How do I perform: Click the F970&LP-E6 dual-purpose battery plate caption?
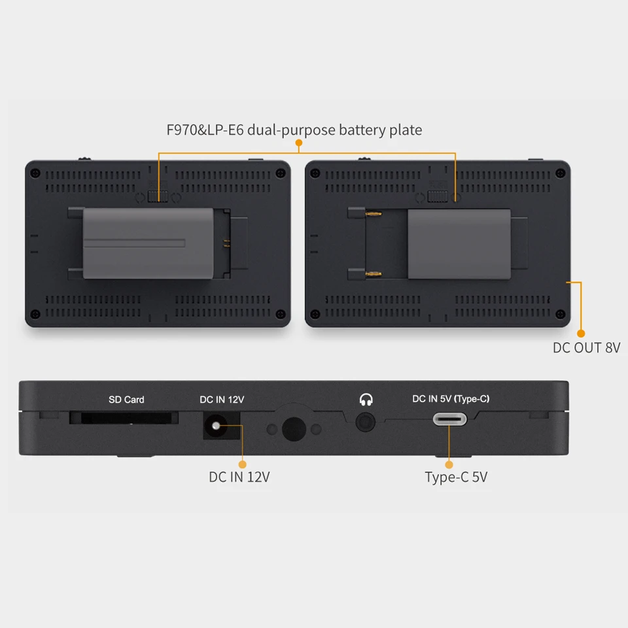[x=294, y=130]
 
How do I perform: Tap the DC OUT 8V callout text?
[x=586, y=347]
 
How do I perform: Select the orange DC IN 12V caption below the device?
[x=239, y=477]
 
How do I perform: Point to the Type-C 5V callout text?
[x=456, y=477]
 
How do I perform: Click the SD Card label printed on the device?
[x=126, y=399]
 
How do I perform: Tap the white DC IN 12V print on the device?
[x=222, y=399]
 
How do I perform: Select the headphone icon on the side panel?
[x=366, y=398]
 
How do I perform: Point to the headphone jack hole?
[x=366, y=422]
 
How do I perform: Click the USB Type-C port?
[x=449, y=420]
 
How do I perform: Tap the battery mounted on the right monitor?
[x=458, y=243]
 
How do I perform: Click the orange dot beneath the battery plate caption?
[x=299, y=142]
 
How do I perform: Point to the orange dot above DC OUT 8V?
[x=580, y=334]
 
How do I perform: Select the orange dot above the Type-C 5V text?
[x=449, y=464]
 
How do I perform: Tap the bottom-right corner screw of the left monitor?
[x=280, y=313]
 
